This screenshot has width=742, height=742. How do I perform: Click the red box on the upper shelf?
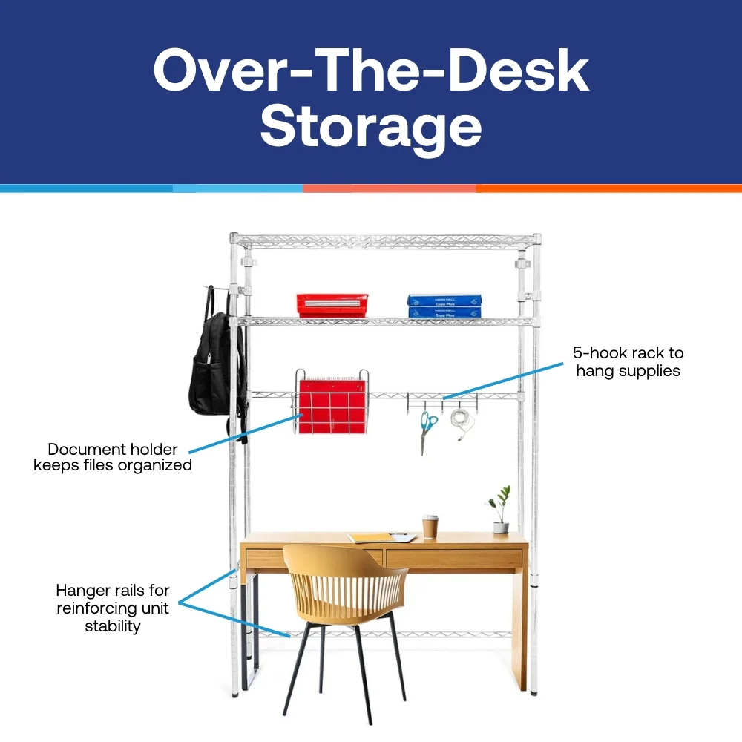(332, 305)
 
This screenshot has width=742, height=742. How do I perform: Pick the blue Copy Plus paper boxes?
(444, 306)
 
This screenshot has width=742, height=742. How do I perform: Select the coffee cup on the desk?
(430, 526)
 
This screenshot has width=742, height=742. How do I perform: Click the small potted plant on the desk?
(500, 512)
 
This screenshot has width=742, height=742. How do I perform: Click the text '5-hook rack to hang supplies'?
(628, 362)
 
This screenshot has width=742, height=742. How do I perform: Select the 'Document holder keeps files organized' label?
(113, 457)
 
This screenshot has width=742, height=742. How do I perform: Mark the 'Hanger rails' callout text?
(113, 608)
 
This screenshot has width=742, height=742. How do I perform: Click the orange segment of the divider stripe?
(608, 188)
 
